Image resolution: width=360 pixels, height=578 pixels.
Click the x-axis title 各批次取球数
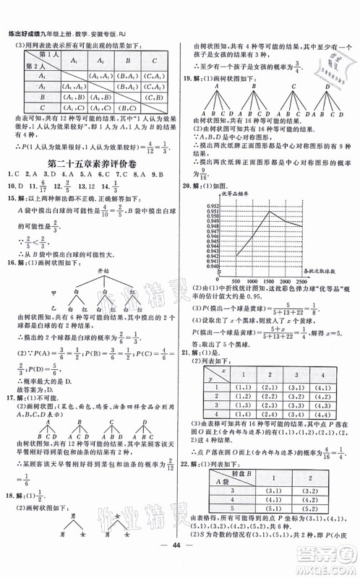pos(333,270)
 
